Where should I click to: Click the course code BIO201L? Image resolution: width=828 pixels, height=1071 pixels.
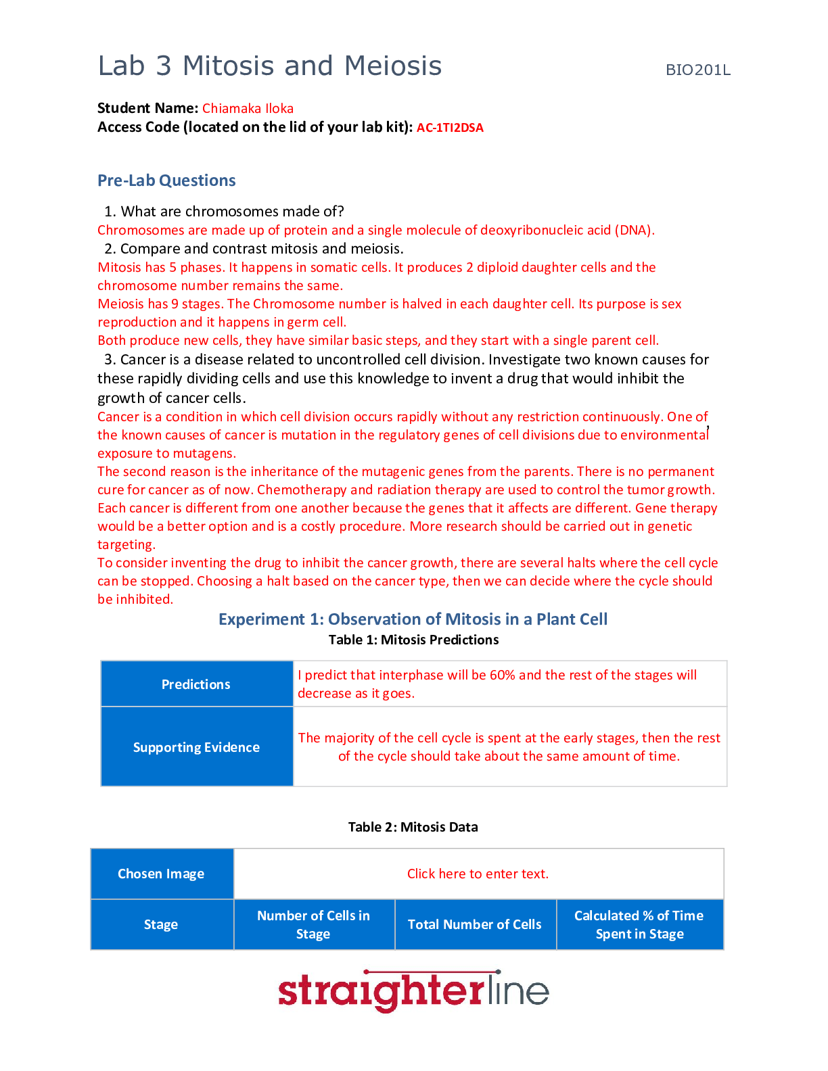697,70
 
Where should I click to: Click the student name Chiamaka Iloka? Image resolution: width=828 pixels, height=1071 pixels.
248,108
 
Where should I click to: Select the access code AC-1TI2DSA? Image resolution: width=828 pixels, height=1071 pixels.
450,128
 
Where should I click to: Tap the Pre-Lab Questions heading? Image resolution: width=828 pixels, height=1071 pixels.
166,181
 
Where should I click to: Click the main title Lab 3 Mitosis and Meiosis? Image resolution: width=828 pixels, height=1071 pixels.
270,66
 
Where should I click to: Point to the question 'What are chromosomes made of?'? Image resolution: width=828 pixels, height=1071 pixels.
232,212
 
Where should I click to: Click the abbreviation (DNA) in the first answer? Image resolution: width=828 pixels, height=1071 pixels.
635,231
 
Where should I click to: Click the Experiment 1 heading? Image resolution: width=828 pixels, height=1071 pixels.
413,619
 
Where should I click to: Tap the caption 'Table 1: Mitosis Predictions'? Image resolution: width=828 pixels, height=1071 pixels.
413,640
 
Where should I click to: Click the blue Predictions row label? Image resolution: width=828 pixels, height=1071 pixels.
196,684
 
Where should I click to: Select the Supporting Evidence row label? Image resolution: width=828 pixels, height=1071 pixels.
196,747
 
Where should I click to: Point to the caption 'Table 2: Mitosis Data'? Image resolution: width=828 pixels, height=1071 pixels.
413,827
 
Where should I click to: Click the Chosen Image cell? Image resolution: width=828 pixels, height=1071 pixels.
161,874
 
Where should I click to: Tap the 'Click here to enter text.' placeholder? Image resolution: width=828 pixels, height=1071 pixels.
478,874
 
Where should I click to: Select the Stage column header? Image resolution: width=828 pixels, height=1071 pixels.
161,924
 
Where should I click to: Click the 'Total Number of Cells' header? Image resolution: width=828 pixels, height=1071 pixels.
475,924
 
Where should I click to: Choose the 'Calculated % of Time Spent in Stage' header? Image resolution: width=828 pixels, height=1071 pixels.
639,924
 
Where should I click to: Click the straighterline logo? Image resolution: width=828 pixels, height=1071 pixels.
413,992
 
